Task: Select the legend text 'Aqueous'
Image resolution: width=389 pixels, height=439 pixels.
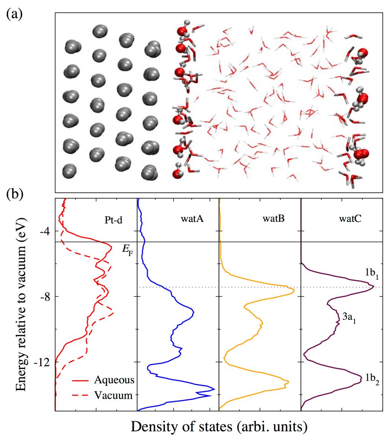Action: [114, 380]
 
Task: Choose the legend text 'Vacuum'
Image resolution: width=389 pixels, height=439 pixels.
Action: [114, 395]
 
